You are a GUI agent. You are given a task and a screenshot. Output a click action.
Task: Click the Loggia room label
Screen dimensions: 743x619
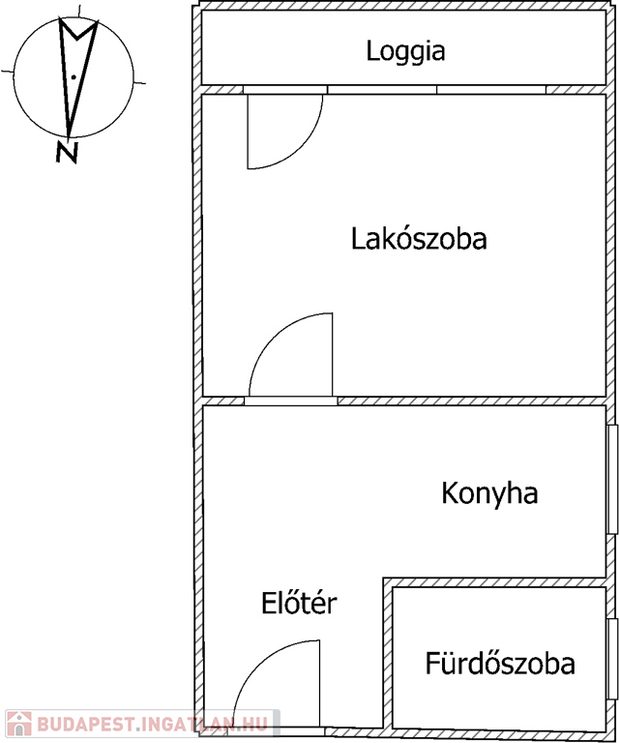pyautogui.click(x=405, y=51)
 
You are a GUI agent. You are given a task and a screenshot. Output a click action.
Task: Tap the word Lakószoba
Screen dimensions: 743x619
pyautogui.click(x=418, y=238)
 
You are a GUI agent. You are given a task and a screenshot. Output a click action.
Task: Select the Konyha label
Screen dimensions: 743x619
pyautogui.click(x=489, y=493)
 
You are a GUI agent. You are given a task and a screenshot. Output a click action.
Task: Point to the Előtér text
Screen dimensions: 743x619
pyautogui.click(x=299, y=604)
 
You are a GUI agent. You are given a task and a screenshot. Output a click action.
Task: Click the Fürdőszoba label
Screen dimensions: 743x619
pyautogui.click(x=500, y=664)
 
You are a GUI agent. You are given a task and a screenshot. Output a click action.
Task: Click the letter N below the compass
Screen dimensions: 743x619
pyautogui.click(x=67, y=151)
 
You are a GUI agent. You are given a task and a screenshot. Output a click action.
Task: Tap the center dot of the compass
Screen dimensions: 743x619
pyautogui.click(x=73, y=75)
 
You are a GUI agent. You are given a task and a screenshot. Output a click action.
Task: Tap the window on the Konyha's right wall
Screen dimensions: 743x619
pyautogui.click(x=611, y=478)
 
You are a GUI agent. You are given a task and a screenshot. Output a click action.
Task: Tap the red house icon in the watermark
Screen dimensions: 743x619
pyautogui.click(x=17, y=723)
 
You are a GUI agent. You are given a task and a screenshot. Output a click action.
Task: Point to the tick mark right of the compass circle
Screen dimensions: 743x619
pyautogui.click(x=141, y=82)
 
